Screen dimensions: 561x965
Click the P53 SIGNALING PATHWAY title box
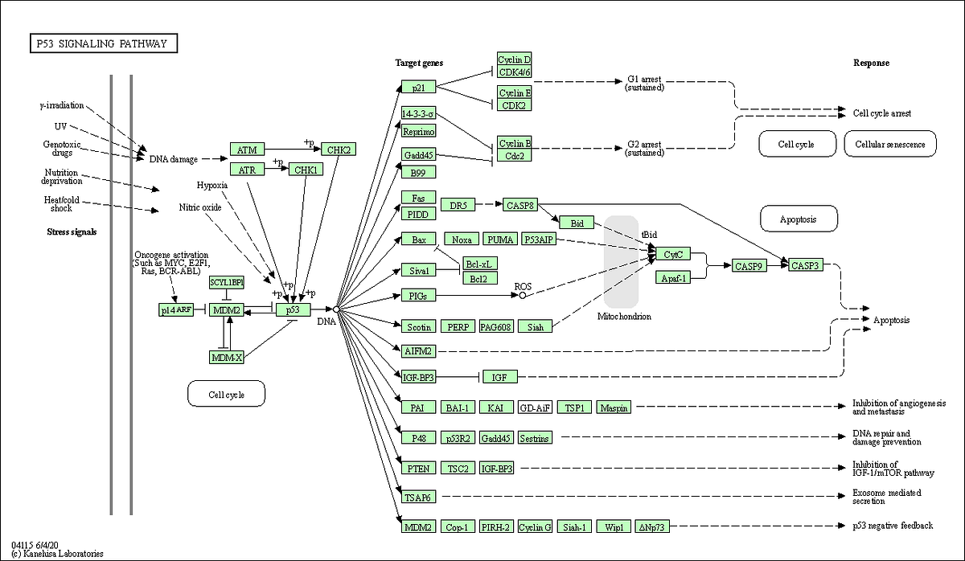[x=102, y=43]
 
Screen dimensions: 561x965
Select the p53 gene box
[x=293, y=309]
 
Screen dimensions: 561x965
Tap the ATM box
[x=247, y=149]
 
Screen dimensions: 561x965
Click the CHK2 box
[x=338, y=149]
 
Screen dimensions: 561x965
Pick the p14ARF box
[x=176, y=309]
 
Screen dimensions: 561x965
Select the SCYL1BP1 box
[x=226, y=282]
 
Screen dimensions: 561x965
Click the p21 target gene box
[x=418, y=87]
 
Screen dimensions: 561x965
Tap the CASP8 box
[x=519, y=206]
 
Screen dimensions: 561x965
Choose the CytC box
[x=672, y=254]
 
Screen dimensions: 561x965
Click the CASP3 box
[x=805, y=265]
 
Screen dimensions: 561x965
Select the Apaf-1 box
[x=672, y=278]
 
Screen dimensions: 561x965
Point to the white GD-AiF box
[x=535, y=407]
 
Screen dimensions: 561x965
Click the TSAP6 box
[x=418, y=498]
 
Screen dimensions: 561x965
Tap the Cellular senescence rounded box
[x=890, y=144]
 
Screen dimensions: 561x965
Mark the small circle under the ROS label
[x=523, y=296]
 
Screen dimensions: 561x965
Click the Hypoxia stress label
[x=212, y=185]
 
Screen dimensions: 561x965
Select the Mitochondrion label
[x=624, y=317]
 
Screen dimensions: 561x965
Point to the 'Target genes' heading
[x=419, y=63]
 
